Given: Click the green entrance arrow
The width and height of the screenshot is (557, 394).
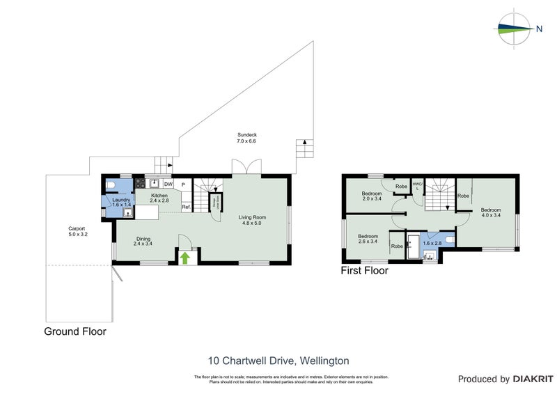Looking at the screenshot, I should (x=185, y=258).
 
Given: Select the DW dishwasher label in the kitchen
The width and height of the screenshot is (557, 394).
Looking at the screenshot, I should (x=168, y=184).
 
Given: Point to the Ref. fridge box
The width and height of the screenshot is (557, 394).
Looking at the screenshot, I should (x=186, y=206).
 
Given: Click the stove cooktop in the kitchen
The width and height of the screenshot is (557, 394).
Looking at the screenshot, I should (x=139, y=184).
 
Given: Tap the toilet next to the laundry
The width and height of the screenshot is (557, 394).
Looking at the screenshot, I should (x=113, y=185).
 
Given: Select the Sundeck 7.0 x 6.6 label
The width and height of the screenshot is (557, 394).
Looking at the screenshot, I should (x=246, y=138).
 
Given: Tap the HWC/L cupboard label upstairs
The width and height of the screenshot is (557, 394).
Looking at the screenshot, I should (x=416, y=186).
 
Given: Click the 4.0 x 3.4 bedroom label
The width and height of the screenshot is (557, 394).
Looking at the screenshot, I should (x=490, y=212).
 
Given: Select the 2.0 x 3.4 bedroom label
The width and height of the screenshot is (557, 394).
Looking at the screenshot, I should (x=372, y=196).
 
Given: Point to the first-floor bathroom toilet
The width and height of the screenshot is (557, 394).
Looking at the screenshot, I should (x=449, y=240).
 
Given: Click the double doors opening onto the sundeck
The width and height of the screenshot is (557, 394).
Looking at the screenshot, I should (x=246, y=168).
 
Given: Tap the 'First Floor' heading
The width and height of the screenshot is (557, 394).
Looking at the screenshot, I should (x=363, y=271).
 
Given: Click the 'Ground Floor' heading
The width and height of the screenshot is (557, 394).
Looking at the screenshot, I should (x=75, y=332).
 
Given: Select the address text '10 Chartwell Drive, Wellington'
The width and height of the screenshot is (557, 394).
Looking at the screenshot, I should (x=278, y=361).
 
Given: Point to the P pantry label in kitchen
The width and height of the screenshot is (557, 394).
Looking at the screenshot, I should (x=182, y=184).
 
